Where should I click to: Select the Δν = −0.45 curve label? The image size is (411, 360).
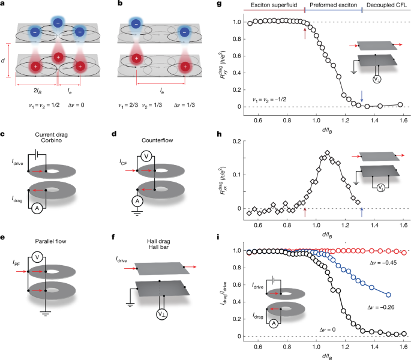365,262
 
